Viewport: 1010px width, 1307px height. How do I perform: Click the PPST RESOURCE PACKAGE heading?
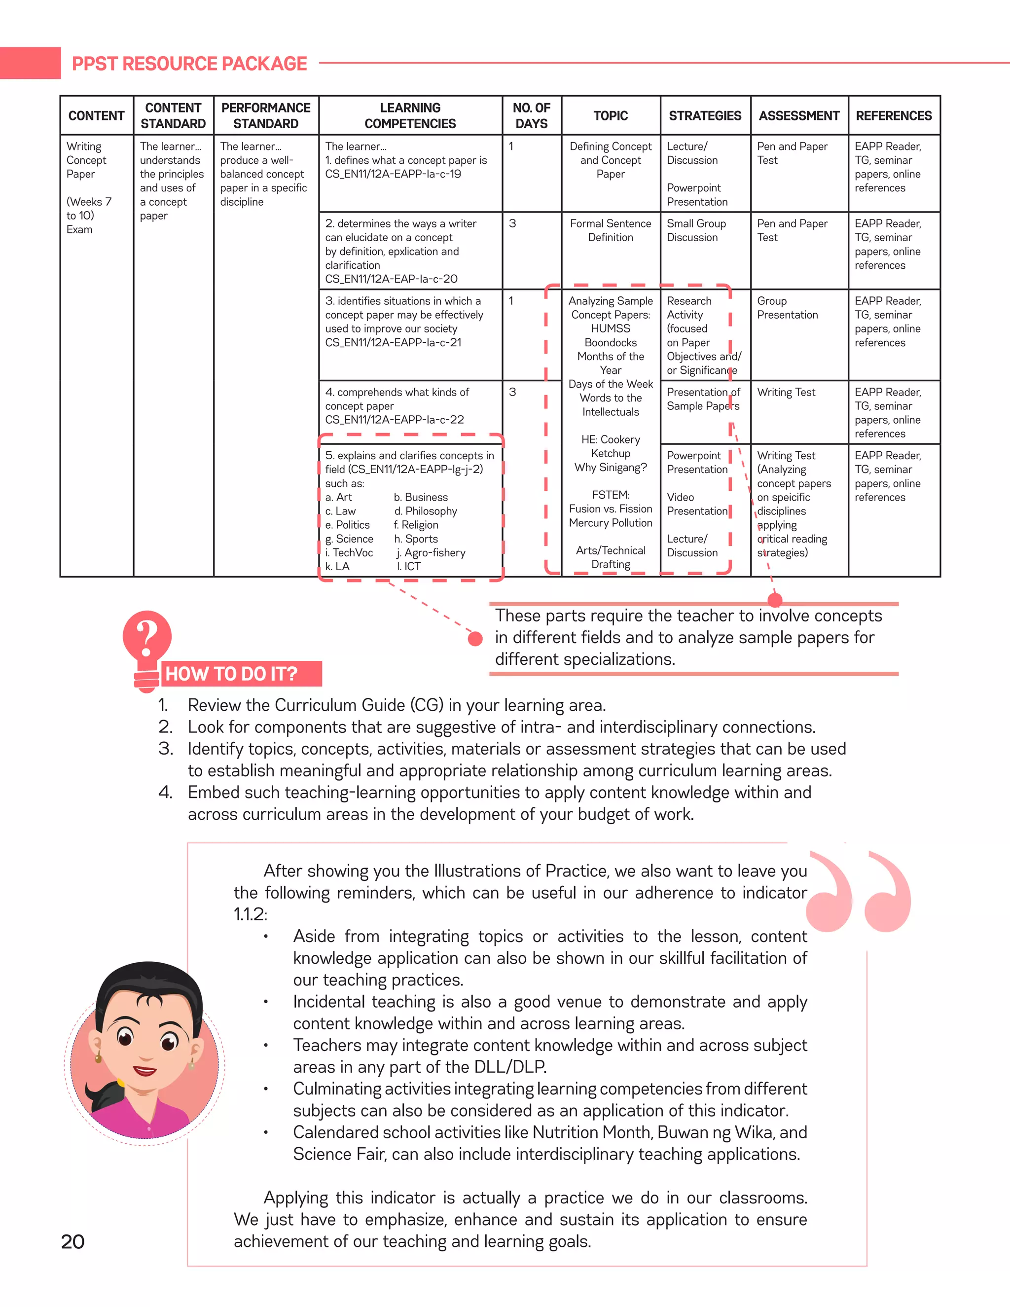tap(189, 64)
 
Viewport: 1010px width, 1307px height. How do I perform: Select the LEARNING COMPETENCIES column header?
tap(410, 115)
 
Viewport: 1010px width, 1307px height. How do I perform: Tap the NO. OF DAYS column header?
tap(531, 115)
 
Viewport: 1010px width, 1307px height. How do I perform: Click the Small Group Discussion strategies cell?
tap(696, 230)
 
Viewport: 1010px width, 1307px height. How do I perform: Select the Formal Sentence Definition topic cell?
tap(611, 230)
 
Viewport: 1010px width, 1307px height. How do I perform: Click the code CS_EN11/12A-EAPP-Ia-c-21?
tap(393, 342)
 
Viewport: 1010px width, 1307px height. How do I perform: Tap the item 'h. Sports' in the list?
tap(416, 539)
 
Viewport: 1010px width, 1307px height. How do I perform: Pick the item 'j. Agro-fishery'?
tap(431, 552)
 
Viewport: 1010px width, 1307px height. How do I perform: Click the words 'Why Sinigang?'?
tap(611, 468)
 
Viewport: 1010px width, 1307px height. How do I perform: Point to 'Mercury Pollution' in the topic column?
tap(611, 522)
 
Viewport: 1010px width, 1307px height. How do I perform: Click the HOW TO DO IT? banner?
tap(232, 674)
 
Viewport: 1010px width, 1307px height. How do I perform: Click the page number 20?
tap(72, 1242)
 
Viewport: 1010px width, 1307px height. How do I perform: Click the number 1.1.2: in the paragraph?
tap(250, 914)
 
